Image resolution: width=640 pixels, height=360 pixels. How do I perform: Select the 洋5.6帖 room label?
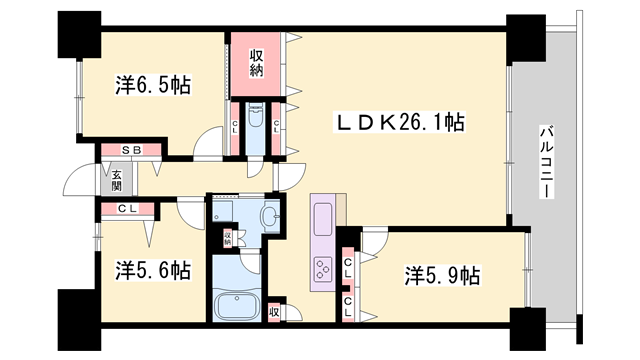click(x=152, y=270)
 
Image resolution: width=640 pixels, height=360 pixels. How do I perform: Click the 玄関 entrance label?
click(x=116, y=179)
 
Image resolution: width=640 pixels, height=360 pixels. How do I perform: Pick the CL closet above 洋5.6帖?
click(x=127, y=209)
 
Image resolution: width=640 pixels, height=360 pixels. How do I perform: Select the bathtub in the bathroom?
click(x=237, y=304)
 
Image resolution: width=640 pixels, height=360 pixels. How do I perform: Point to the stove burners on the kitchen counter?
click(x=326, y=268)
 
